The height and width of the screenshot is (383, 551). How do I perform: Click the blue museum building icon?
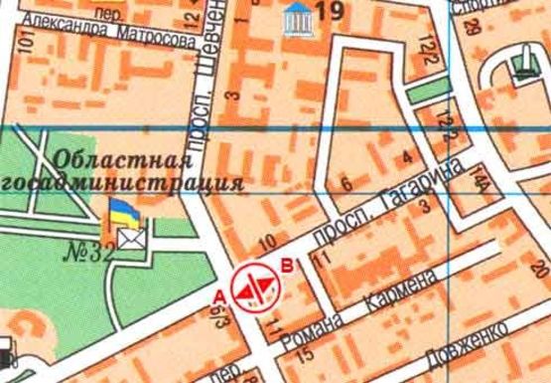pyautogui.click(x=296, y=15)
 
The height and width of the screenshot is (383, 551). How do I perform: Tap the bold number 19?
pyautogui.click(x=330, y=12)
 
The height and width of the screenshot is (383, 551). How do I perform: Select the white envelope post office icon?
pyautogui.click(x=130, y=236)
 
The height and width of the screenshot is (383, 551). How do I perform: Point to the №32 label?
pyautogui.click(x=86, y=250)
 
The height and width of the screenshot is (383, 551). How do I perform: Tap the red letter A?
pyautogui.click(x=219, y=295)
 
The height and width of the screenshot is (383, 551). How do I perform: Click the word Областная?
pyautogui.click(x=123, y=159)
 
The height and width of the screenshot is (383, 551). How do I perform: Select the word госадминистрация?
pyautogui.click(x=124, y=183)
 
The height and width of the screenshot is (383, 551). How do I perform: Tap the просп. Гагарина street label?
pyautogui.click(x=379, y=205)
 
